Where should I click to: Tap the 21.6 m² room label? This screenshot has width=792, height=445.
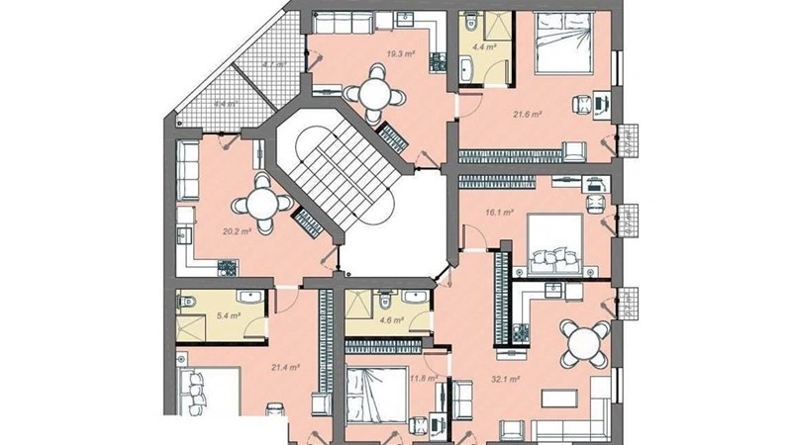pos(527,115)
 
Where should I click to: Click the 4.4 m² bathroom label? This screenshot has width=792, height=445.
pos(485,45)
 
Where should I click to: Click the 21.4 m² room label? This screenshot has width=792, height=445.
pos(285,367)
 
